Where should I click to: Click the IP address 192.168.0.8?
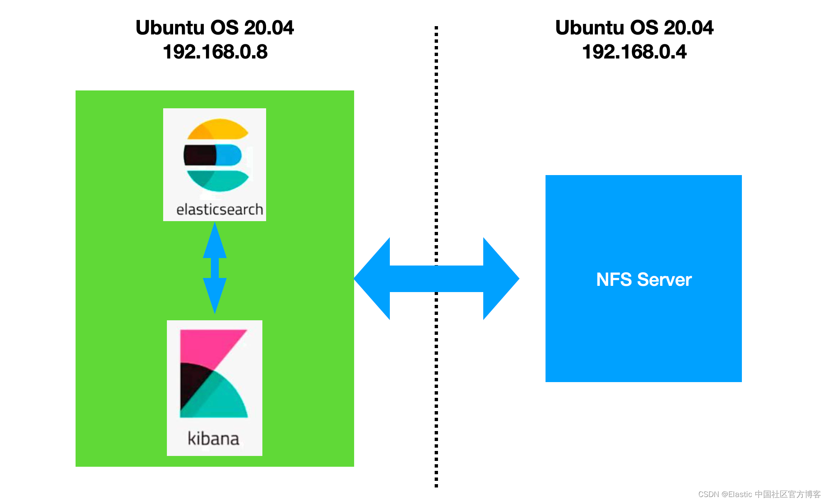215,52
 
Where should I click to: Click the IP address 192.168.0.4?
634,52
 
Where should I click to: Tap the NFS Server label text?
643,279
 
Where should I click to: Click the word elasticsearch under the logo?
219,210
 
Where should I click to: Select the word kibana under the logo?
213,439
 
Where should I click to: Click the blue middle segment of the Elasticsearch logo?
228,155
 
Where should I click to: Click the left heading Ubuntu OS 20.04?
215,28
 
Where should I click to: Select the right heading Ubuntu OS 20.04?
634,28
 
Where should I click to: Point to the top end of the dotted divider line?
436,28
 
